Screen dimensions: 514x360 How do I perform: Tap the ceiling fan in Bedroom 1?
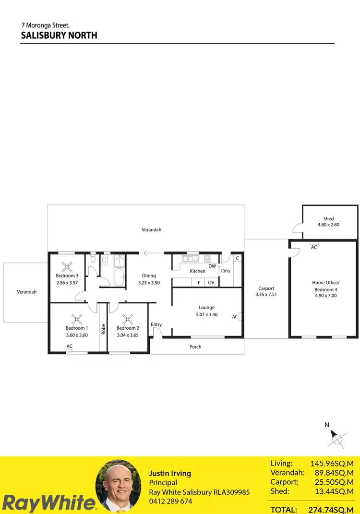point(76,318)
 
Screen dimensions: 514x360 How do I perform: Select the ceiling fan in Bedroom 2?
point(127,318)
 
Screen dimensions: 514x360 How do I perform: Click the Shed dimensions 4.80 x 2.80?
point(328,225)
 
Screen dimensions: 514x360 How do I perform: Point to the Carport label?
point(266,288)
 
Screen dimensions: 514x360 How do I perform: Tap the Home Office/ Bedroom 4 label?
point(325,286)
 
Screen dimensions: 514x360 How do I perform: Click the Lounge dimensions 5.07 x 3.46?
point(207,314)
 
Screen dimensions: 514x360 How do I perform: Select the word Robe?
point(103,329)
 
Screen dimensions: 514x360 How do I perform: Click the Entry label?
point(156,325)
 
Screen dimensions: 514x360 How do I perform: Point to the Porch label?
point(195,347)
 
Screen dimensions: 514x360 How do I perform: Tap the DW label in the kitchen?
point(212,266)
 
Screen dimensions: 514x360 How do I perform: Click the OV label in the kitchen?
point(211,283)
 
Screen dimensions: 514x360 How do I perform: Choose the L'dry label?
point(226,271)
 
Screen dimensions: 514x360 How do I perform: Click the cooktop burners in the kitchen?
point(208,259)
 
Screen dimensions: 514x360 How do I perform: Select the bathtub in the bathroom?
point(118,277)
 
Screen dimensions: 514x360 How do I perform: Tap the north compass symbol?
point(337,438)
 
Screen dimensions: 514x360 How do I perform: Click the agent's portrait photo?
point(119,487)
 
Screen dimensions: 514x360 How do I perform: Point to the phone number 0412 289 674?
point(170,501)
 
